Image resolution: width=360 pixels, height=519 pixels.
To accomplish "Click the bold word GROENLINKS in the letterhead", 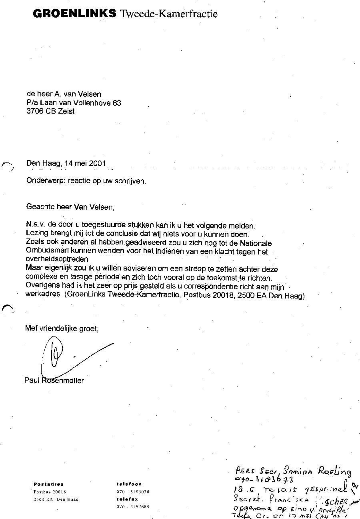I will [74, 14].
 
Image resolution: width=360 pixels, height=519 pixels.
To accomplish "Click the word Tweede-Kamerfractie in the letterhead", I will [169, 14].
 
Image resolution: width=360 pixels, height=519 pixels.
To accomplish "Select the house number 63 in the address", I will [117, 103].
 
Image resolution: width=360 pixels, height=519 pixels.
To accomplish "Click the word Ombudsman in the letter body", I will [43, 252].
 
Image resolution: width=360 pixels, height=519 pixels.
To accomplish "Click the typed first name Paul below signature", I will [32, 381].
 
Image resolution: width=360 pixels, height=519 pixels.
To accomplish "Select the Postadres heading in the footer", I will [48, 484].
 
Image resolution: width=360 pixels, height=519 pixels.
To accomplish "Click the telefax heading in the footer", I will [127, 499].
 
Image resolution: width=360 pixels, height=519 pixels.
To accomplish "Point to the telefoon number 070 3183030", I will [133, 491].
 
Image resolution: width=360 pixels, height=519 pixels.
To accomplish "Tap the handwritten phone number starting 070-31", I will [264, 480].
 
